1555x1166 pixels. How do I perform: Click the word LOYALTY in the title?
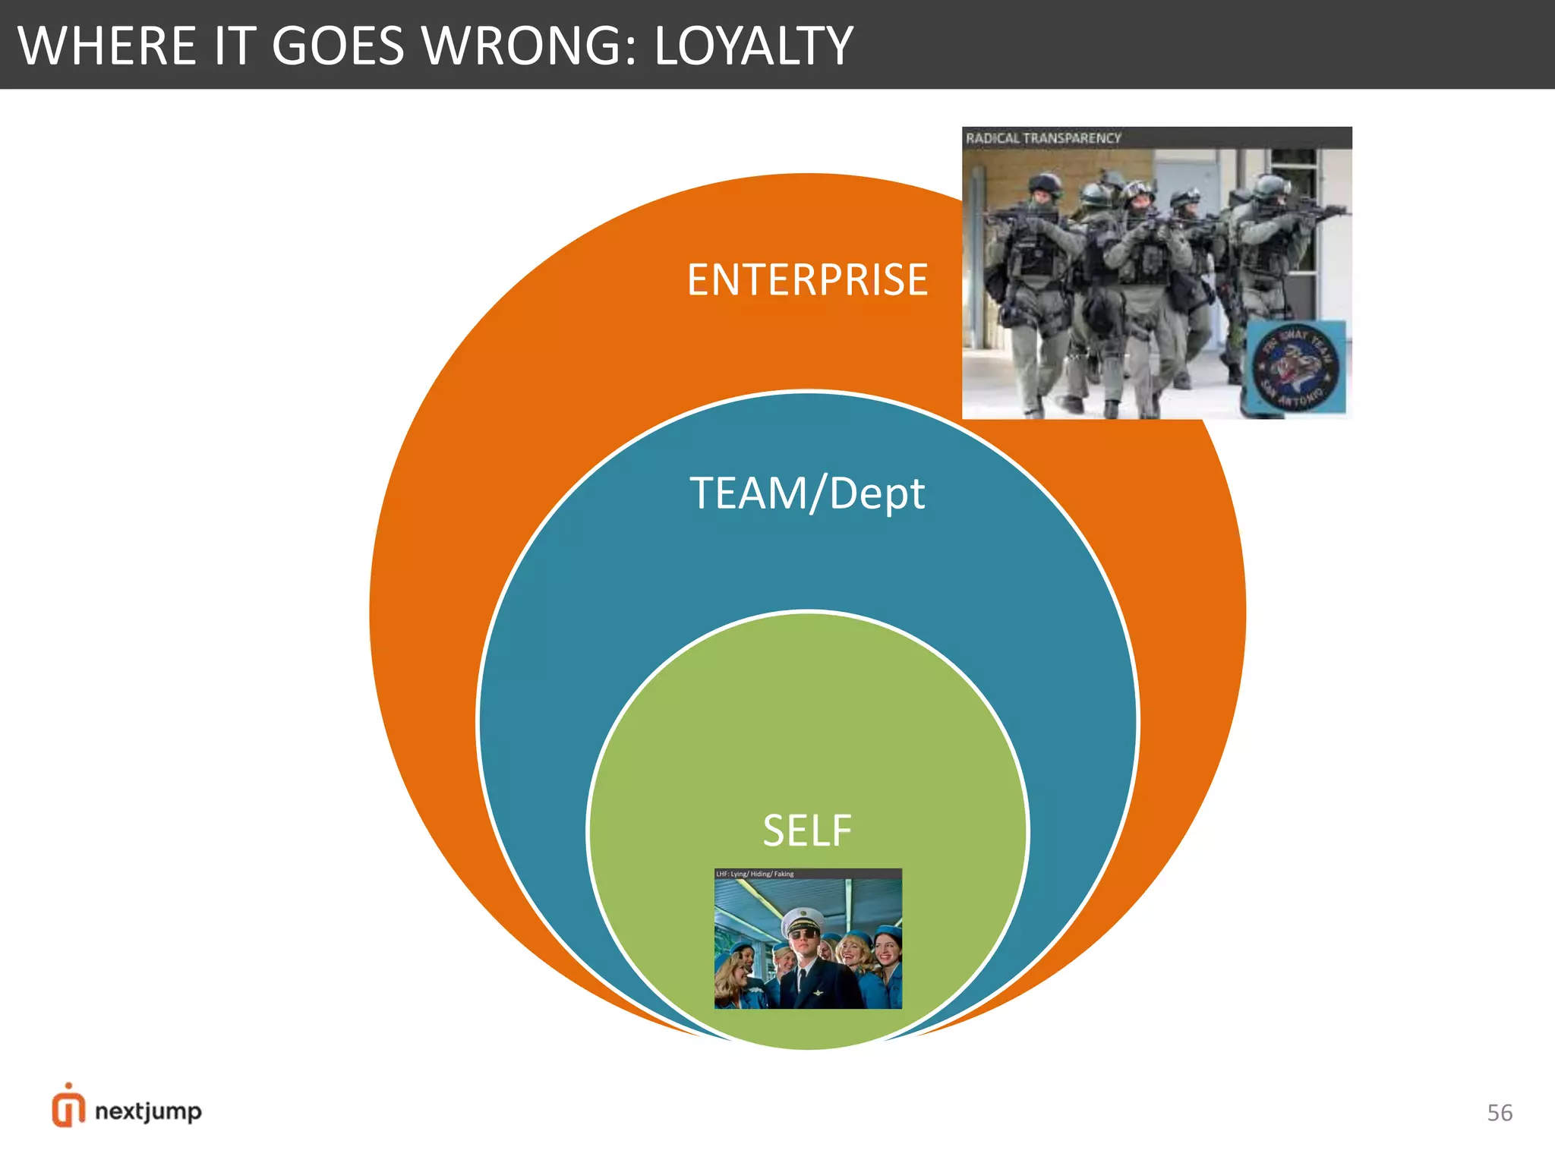click(753, 46)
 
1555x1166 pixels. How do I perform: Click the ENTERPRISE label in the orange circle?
click(807, 279)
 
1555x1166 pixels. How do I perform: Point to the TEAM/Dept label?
click(807, 493)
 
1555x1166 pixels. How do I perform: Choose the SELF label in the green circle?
click(807, 830)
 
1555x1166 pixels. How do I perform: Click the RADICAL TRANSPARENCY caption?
click(1043, 138)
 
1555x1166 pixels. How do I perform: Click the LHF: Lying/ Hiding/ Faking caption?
click(755, 874)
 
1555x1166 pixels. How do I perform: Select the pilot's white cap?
click(803, 920)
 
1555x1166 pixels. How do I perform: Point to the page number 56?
click(1500, 1113)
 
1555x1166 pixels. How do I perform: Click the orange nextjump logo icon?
click(68, 1107)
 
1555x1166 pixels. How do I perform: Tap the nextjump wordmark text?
click(148, 1111)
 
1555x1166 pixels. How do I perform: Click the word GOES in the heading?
click(337, 46)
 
